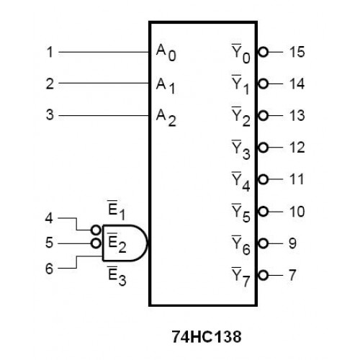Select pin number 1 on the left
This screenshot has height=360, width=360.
pos(49,52)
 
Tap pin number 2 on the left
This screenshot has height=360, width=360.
pos(49,84)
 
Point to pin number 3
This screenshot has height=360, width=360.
pos(49,114)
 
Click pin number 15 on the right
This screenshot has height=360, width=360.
pos(296,52)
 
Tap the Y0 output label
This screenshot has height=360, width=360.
pos(241,53)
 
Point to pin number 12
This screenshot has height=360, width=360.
pos(296,148)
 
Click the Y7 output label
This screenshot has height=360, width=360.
pos(241,276)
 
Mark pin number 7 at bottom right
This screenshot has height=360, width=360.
pos(292,274)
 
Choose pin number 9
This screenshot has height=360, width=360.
pos(292,243)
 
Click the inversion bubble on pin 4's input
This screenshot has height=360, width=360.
pos(96,229)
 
